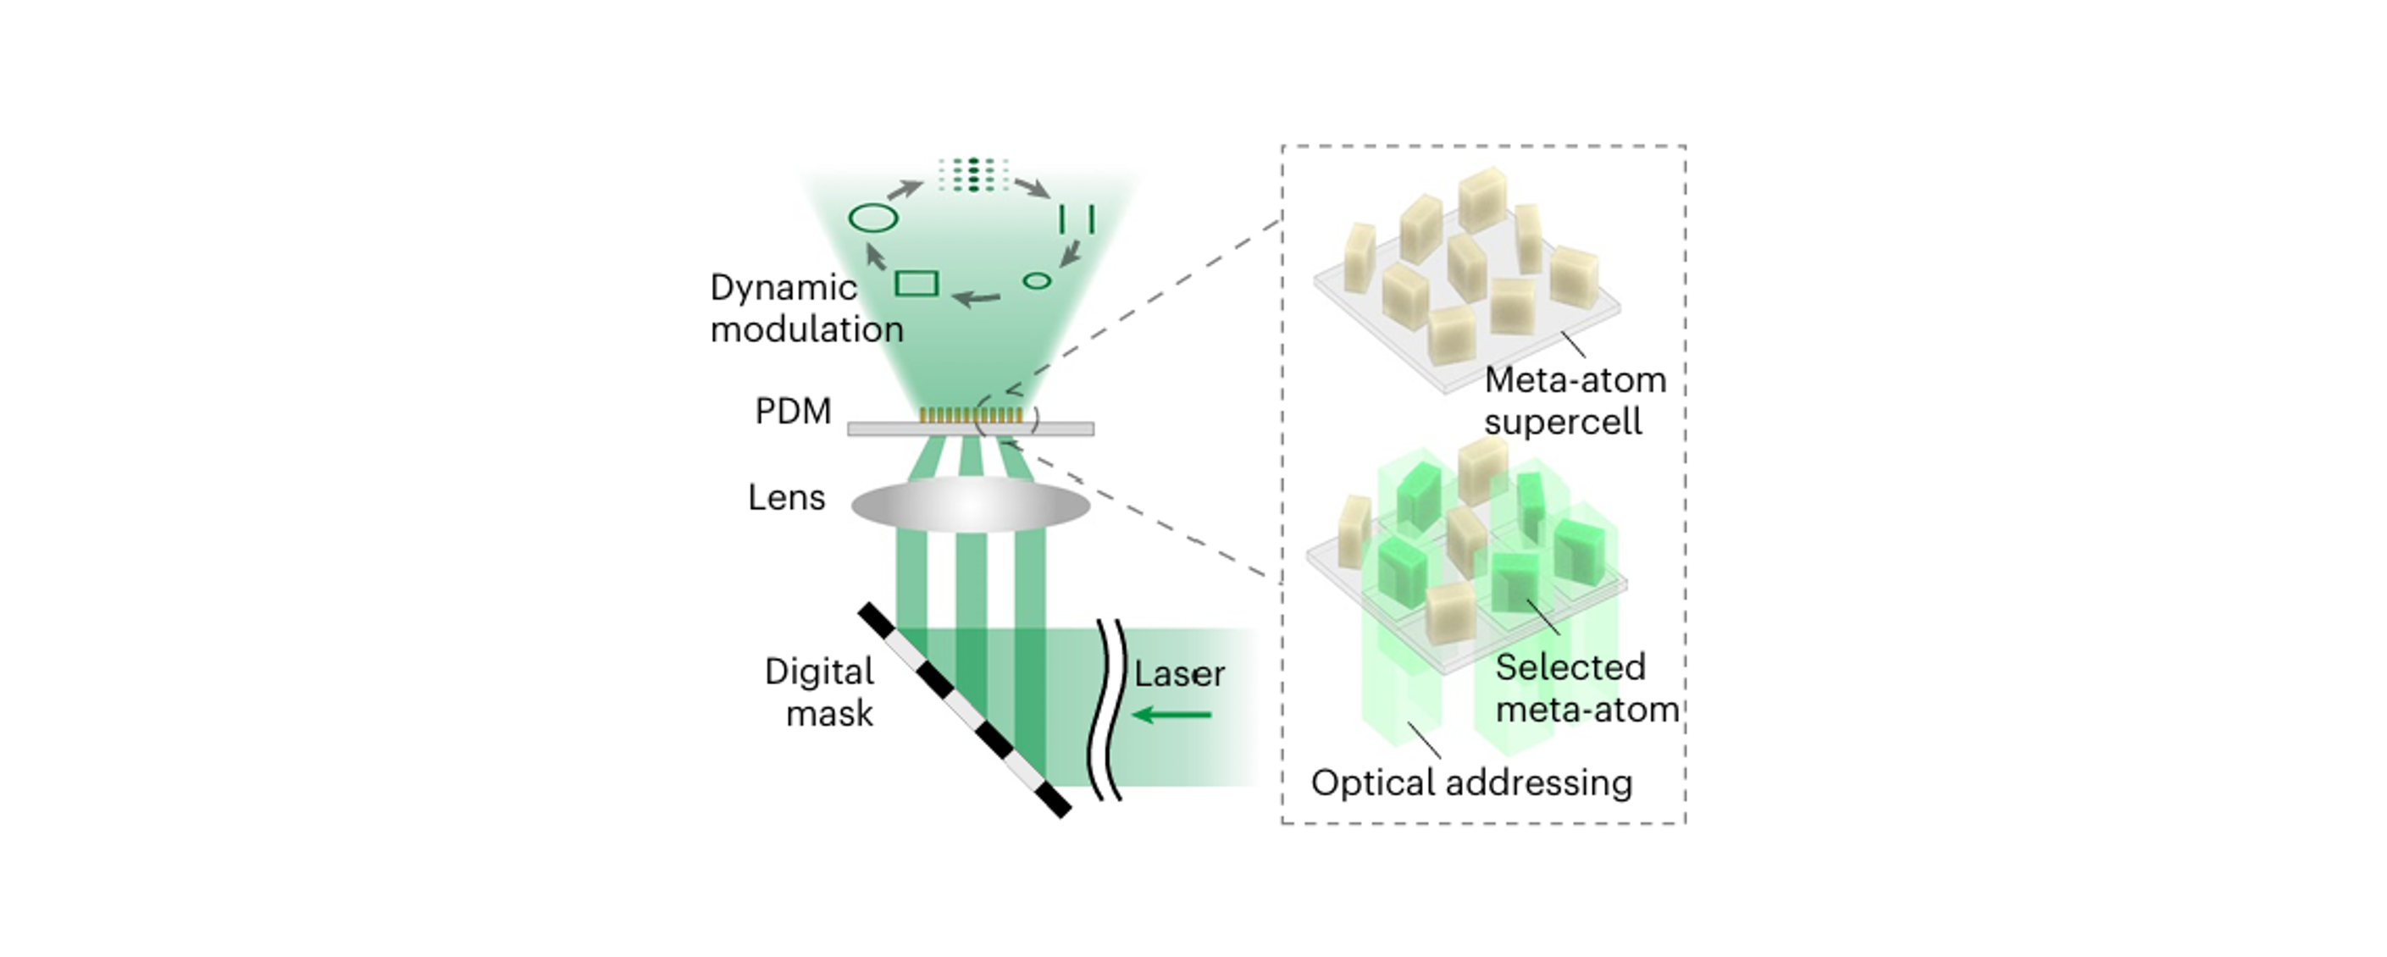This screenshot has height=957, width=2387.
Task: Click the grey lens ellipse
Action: point(970,505)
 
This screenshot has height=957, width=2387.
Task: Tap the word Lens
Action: point(787,499)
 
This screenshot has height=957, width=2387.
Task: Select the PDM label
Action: point(793,412)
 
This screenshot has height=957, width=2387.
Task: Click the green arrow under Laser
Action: point(1172,715)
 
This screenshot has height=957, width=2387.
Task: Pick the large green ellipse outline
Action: point(872,219)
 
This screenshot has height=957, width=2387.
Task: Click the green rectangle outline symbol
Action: point(917,283)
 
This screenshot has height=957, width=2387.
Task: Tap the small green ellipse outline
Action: point(1037,279)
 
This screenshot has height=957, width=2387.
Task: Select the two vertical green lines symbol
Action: point(1077,219)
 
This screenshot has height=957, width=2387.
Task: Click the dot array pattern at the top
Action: point(973,175)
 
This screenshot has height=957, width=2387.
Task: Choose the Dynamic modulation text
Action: point(806,308)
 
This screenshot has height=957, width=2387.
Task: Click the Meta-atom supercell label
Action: point(1576,401)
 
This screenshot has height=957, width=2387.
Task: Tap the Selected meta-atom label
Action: point(1587,689)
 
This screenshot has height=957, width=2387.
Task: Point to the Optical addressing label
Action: point(1471,783)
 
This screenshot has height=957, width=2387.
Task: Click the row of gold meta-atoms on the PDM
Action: point(971,415)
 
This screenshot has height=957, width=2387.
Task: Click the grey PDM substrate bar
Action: point(970,429)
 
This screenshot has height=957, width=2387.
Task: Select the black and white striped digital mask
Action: point(965,711)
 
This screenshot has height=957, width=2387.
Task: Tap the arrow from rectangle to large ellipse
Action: point(876,255)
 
